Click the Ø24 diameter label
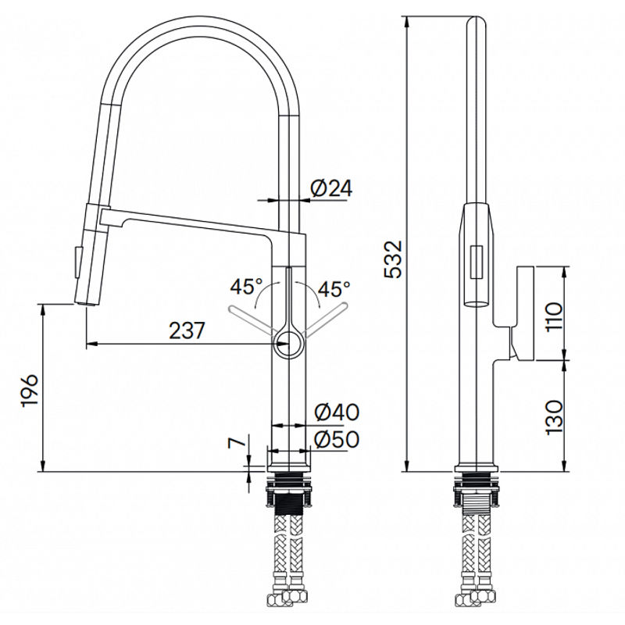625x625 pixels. tap(332, 188)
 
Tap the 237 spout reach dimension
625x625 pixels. tap(187, 330)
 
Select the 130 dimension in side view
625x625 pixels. tap(552, 416)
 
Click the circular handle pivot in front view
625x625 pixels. tap(289, 341)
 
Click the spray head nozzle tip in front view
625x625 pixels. tap(84, 302)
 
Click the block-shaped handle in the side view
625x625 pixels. tap(523, 312)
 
